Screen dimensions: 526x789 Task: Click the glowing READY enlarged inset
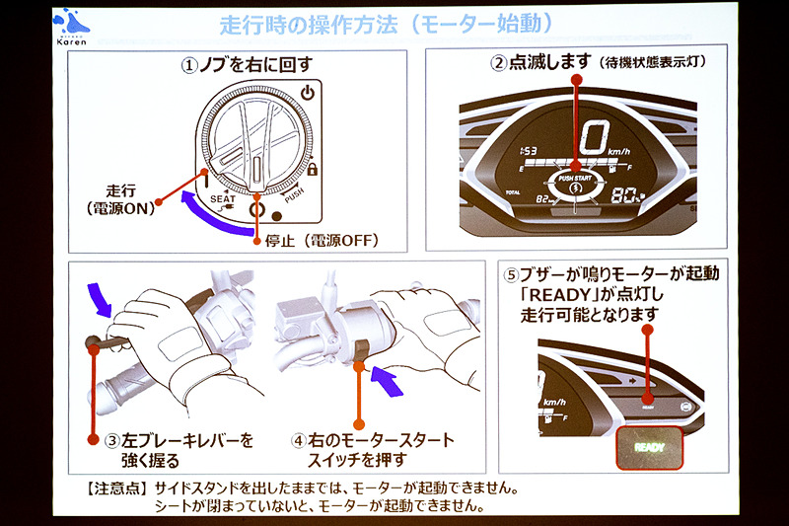[x=648, y=445]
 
